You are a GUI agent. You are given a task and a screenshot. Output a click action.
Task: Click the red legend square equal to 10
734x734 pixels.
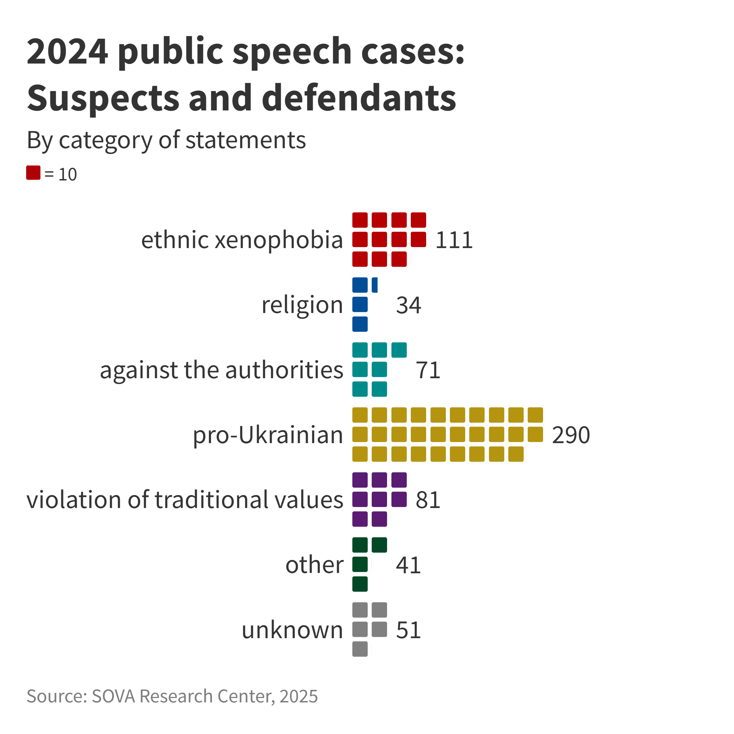tap(33, 173)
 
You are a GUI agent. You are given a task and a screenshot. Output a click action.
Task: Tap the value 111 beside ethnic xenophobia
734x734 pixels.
tap(454, 240)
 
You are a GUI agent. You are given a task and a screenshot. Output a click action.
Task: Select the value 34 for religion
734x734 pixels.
tap(408, 305)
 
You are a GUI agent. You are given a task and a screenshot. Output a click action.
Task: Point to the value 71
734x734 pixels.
tap(428, 370)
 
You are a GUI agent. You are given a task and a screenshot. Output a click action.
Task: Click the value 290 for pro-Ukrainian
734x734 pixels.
tap(571, 435)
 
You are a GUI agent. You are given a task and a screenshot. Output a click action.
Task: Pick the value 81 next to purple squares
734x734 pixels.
tap(428, 500)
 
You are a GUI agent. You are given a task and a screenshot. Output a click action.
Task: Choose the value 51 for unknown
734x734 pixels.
tap(408, 630)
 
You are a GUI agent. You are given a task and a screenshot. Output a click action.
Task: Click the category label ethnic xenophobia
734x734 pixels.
tap(242, 240)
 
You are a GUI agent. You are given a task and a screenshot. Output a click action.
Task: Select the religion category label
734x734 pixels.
tap(302, 305)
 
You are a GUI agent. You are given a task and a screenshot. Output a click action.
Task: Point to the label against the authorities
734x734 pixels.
tap(222, 370)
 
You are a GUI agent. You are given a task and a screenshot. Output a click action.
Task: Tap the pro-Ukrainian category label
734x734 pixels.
tap(268, 435)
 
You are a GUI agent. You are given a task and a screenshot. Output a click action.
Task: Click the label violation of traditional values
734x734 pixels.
tap(185, 500)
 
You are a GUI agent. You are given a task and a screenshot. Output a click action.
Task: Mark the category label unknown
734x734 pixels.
tap(292, 630)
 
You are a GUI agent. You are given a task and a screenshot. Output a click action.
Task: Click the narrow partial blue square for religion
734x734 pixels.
tap(374, 285)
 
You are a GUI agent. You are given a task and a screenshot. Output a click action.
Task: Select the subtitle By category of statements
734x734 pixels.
tap(166, 140)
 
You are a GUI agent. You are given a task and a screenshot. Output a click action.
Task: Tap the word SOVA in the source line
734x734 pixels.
tap(113, 696)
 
